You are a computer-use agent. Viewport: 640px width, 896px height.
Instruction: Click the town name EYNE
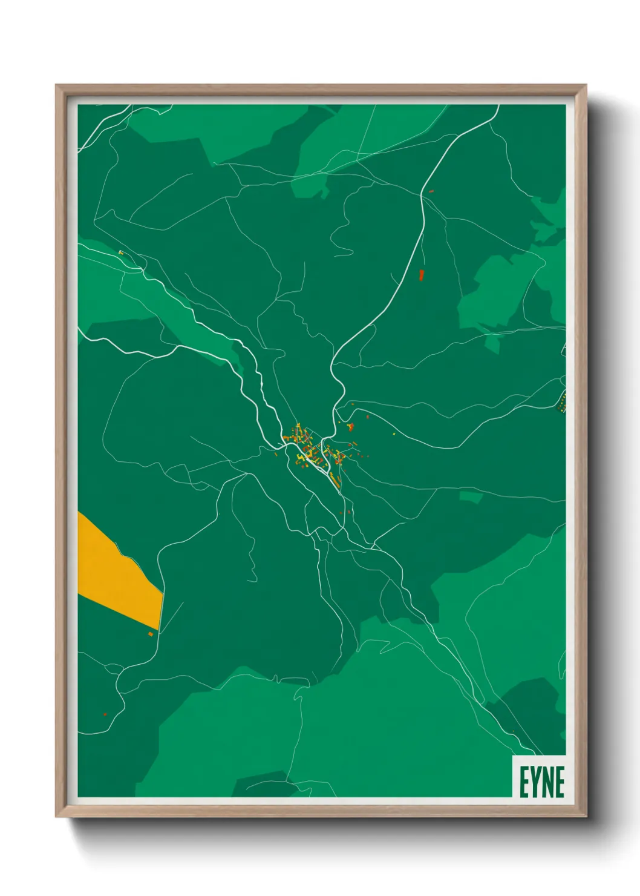(542, 782)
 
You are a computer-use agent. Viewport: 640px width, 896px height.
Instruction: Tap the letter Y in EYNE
(534, 782)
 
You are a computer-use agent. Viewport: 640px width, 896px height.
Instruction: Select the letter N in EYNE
(546, 782)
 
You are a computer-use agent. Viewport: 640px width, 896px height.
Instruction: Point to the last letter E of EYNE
(560, 782)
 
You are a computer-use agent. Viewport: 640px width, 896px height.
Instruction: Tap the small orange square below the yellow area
(151, 634)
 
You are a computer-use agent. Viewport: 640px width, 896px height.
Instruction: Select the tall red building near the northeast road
(422, 275)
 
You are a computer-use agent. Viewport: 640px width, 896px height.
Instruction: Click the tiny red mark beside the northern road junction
(431, 191)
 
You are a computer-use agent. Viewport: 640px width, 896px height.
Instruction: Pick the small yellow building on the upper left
(121, 252)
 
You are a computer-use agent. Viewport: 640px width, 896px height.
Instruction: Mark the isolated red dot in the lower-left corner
(105, 714)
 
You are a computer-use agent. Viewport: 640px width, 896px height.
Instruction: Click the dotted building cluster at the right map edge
(563, 401)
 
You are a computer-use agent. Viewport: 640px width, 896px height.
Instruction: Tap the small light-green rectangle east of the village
(471, 497)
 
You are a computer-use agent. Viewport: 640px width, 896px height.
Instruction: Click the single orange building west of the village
(276, 453)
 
